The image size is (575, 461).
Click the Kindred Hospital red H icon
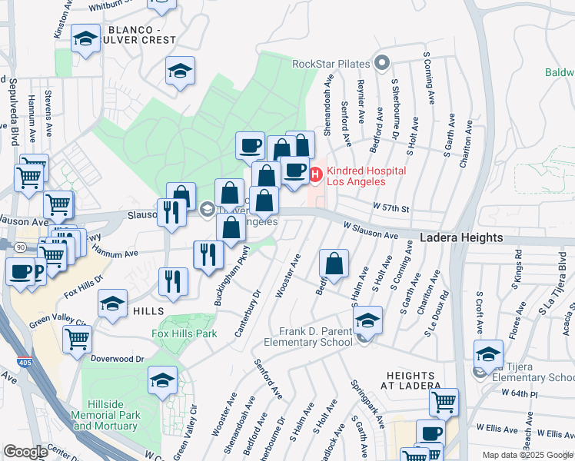click(315, 176)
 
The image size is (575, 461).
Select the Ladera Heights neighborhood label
click(461, 238)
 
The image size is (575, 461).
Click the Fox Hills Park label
click(183, 333)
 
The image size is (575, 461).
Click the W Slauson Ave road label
click(371, 230)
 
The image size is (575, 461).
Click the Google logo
click(25, 452)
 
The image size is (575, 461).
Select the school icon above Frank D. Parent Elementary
click(368, 320)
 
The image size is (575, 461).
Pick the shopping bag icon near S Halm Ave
click(334, 264)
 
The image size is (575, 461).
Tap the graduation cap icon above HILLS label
click(112, 303)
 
